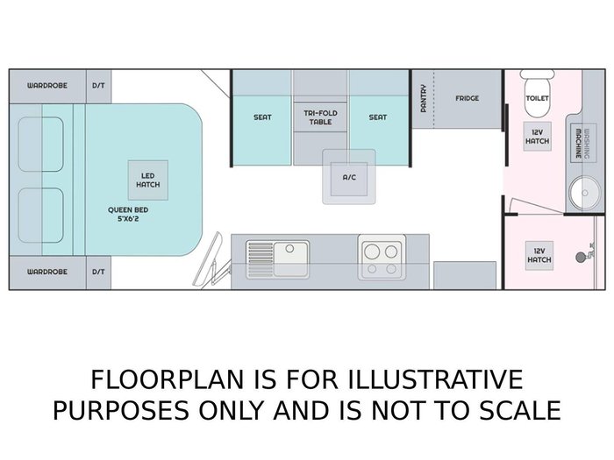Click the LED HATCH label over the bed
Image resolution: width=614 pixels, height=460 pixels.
point(148,180)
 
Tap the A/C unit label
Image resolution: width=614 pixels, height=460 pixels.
point(349,178)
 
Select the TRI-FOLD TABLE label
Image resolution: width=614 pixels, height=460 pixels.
point(320,117)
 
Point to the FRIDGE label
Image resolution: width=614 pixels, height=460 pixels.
point(468,98)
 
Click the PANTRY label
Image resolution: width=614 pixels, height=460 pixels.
point(424,98)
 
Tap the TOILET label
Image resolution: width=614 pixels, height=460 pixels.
point(537,98)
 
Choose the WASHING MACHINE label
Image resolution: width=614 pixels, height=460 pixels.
point(582,144)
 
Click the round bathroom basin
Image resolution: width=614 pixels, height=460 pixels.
point(584,193)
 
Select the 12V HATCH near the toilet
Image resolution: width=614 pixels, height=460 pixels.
point(537,137)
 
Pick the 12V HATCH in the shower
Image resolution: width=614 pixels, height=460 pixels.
point(539,256)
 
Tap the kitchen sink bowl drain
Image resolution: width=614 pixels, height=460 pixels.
point(289,248)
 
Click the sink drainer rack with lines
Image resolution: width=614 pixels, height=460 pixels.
point(261,259)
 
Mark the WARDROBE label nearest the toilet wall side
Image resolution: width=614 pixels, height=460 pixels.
point(47,86)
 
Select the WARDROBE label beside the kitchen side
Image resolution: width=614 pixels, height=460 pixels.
point(47,272)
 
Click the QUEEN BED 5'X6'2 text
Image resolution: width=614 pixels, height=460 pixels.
point(128,215)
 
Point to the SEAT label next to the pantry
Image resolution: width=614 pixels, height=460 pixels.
point(377,117)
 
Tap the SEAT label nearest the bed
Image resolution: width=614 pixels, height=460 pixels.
point(262,117)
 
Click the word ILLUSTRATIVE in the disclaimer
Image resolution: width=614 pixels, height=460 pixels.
point(435,379)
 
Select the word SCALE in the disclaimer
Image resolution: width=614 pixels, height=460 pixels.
point(520,410)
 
